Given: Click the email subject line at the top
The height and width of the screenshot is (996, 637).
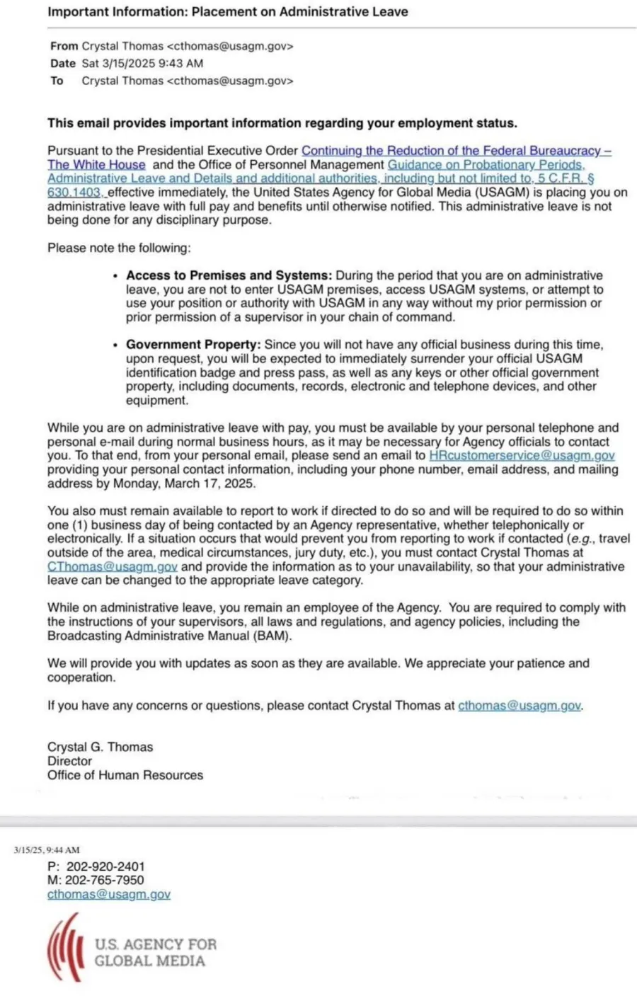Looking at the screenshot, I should (227, 12).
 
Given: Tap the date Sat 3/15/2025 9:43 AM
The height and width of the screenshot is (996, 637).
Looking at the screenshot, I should (142, 63).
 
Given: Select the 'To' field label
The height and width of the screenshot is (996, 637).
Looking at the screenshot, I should (57, 81).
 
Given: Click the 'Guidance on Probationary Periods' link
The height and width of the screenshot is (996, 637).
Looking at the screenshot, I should (486, 165).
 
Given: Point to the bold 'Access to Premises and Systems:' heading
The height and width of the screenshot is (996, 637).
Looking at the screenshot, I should (229, 275).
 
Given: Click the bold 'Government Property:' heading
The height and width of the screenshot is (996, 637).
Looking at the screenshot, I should (193, 345).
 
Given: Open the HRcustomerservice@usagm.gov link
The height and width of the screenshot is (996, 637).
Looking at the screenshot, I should (522, 456).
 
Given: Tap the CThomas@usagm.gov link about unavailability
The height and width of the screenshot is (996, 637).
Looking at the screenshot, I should (113, 567).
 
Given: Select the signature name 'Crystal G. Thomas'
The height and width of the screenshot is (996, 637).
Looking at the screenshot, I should (100, 747).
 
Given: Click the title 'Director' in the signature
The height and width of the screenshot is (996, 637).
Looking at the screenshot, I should (69, 761).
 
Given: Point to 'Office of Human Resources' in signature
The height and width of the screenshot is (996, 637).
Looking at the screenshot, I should (125, 775).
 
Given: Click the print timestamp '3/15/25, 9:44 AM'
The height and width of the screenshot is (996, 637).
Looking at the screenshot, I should (47, 850).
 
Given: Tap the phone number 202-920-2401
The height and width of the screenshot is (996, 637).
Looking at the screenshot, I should (105, 866).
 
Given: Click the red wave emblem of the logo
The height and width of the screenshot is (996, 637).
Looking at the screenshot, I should (65, 947).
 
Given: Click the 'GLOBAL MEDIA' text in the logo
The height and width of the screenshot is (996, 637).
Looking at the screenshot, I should (150, 961).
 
